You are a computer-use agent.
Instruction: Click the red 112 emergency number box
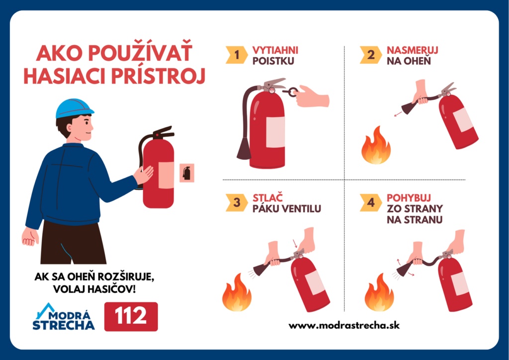[x=131, y=316]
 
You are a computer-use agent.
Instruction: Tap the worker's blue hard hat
[x=74, y=108]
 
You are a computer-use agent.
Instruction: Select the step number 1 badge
[x=236, y=55]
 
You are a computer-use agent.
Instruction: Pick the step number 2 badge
[x=370, y=55]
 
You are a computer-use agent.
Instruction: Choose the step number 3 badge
[x=236, y=202]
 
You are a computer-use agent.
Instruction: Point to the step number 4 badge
[x=370, y=202]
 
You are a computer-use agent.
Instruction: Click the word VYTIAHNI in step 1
[x=275, y=50]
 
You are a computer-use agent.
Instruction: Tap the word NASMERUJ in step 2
[x=412, y=50]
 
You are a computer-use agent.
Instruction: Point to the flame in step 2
[x=376, y=146]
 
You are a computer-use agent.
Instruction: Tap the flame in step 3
[x=237, y=293]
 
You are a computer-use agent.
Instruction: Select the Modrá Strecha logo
[x=63, y=317]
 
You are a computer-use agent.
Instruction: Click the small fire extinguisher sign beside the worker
[x=186, y=173]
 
